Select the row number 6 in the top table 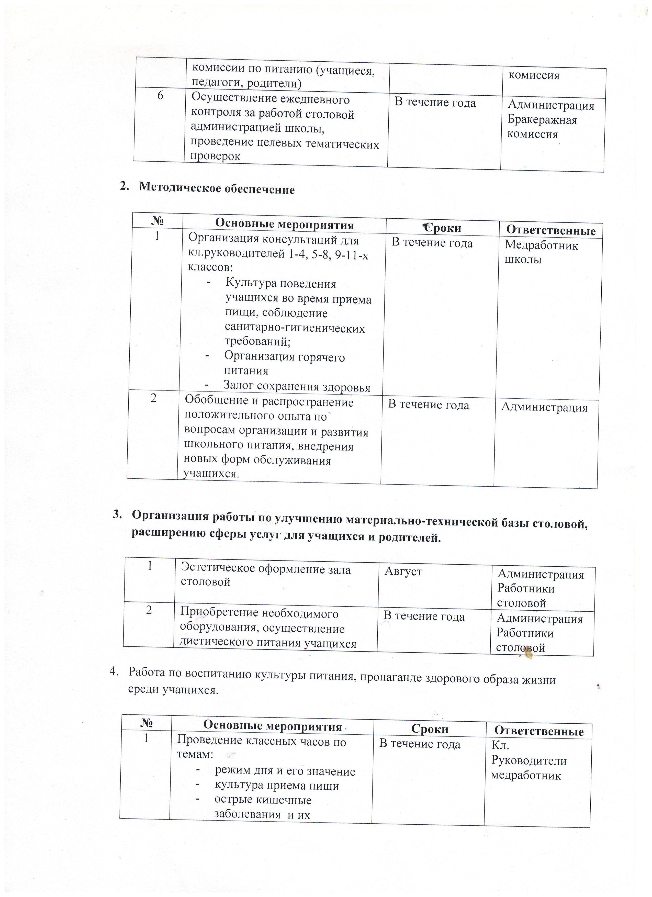click(x=160, y=96)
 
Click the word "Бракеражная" click(x=542, y=120)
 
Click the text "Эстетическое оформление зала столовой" click(x=265, y=576)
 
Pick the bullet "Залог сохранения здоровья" click(x=297, y=386)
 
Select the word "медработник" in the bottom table click(x=526, y=775)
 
